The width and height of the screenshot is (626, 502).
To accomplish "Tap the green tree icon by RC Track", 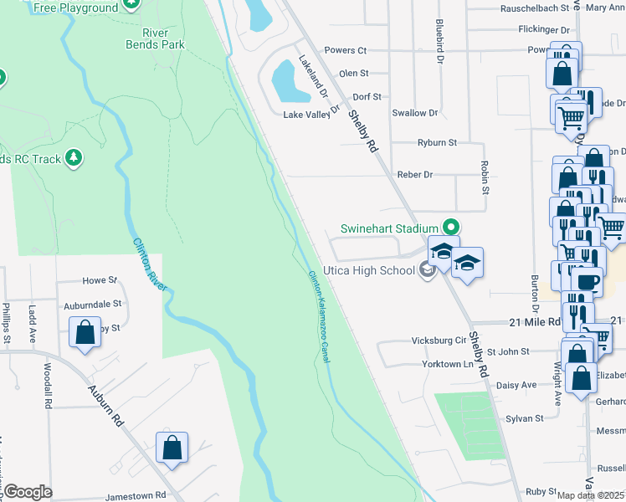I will tap(74, 157).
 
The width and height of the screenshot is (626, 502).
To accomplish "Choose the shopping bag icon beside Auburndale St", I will tap(85, 333).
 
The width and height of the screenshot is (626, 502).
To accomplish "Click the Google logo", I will tap(27, 492).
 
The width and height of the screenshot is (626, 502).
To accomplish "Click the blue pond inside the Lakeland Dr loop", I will tap(285, 79).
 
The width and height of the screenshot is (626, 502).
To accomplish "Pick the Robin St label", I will tap(485, 177).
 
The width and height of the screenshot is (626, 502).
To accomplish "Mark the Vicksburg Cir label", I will tap(439, 341).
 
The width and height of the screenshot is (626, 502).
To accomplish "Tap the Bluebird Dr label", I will tap(439, 43).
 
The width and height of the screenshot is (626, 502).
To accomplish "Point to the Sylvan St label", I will tap(525, 417).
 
